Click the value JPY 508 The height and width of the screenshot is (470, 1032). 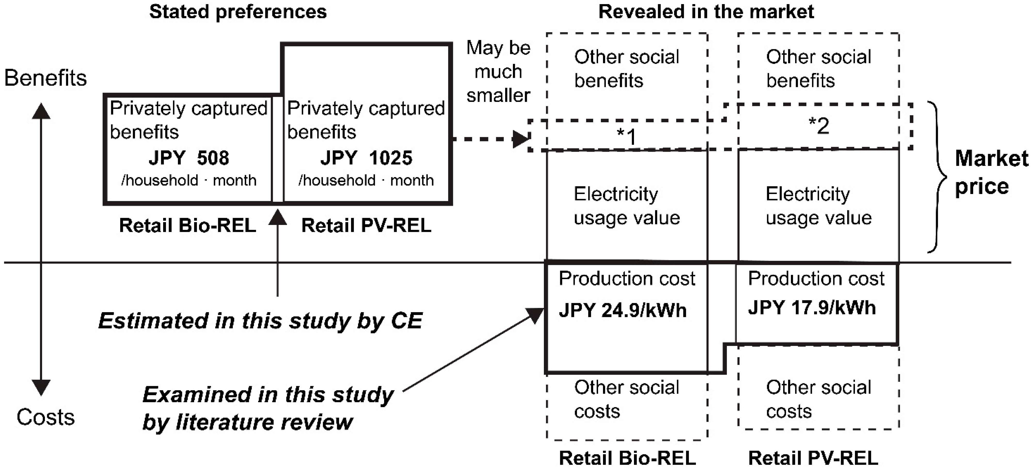point(189,158)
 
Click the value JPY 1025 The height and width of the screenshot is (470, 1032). point(366,158)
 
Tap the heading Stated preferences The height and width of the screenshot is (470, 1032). point(238,12)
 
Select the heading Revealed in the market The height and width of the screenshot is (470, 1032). point(706,12)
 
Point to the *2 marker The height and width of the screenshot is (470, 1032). point(819,126)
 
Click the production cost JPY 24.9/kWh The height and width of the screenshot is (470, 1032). point(623,310)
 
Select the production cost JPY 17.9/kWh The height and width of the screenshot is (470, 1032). point(812,308)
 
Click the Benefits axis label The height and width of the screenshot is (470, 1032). point(45,78)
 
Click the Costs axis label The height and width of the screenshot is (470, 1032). point(45,417)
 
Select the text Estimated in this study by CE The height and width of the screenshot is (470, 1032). point(260,321)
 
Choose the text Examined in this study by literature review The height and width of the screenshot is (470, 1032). point(268,408)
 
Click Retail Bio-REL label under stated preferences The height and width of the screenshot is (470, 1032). point(187,225)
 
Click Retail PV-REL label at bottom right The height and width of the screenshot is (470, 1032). point(813,458)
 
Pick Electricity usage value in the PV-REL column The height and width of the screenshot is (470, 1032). point(819,206)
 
